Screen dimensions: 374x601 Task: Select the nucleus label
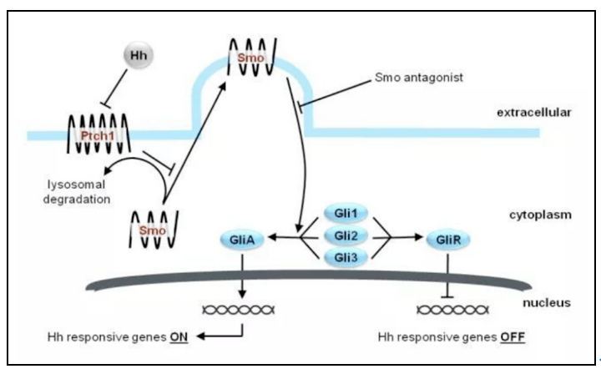(x=547, y=301)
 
